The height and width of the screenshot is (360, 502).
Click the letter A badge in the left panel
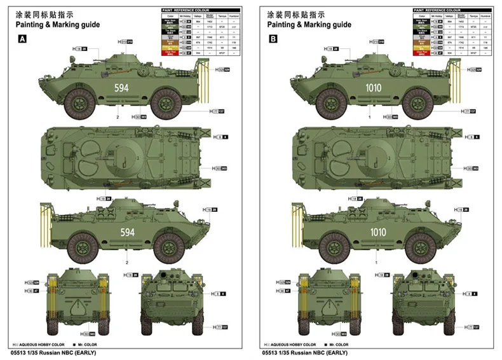[x=24, y=39]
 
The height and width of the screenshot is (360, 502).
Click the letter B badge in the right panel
[x=274, y=39]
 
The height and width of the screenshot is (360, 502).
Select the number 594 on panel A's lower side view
[x=127, y=233]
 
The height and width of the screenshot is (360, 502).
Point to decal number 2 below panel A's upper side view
[x=118, y=118]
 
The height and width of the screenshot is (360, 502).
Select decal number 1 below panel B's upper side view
[x=369, y=118]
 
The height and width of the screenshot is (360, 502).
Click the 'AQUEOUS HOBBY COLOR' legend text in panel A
[x=39, y=343]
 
